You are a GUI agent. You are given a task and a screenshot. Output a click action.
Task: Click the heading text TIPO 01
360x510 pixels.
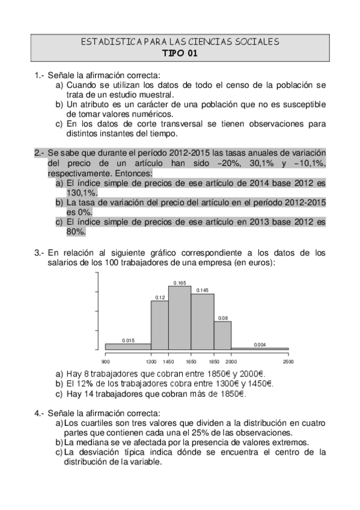coord(180,52)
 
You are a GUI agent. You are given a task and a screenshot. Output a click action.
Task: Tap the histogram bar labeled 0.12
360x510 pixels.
coord(160,325)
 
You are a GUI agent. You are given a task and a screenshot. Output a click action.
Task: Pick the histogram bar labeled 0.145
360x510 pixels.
coord(203,321)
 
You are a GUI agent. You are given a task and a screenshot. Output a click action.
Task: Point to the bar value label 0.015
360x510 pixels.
coord(127,340)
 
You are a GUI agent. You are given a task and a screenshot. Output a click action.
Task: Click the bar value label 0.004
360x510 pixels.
coord(260,344)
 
